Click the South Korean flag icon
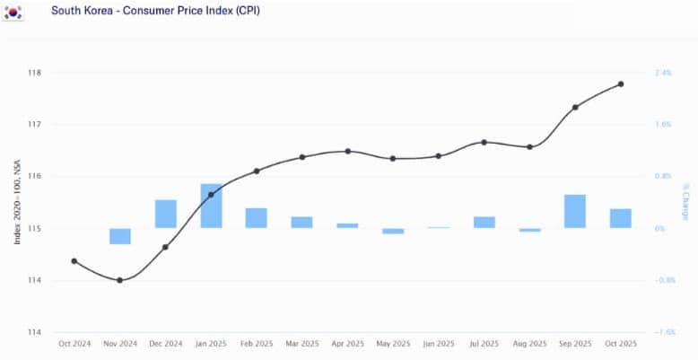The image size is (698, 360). pyautogui.click(x=15, y=13)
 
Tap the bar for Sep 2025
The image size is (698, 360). pyautogui.click(x=575, y=211)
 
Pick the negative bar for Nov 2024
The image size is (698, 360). pyautogui.click(x=120, y=236)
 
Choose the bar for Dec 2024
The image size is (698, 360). pyautogui.click(x=166, y=214)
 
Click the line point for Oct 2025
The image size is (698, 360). pyautogui.click(x=621, y=84)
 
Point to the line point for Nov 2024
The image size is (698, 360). pyautogui.click(x=120, y=280)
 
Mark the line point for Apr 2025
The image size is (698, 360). pyautogui.click(x=348, y=152)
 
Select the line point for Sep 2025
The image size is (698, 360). pyautogui.click(x=575, y=107)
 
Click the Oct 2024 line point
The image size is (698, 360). pyautogui.click(x=74, y=261)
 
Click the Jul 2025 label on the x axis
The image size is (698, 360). pyautogui.click(x=484, y=344)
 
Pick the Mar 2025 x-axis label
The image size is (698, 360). pyautogui.click(x=302, y=344)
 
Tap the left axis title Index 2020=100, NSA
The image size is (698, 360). pyautogui.click(x=17, y=202)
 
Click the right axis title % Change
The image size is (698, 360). pyautogui.click(x=685, y=202)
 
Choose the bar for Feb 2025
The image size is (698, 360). pyautogui.click(x=257, y=218)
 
